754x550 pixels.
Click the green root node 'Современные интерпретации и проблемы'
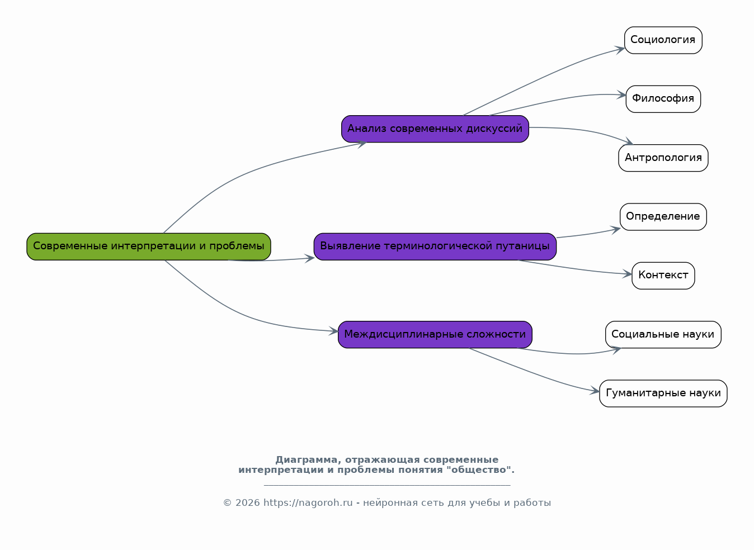pos(148,246)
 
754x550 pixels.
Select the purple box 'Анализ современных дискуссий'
pos(435,129)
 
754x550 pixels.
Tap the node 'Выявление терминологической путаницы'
pos(435,246)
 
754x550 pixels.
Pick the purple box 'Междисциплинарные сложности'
pos(435,334)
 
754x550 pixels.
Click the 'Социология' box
pos(663,40)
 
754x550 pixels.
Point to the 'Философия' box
pos(663,99)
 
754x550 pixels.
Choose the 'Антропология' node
pos(663,158)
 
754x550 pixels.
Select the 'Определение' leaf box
pos(663,217)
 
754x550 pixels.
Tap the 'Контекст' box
pos(663,276)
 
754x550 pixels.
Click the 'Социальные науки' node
pos(663,334)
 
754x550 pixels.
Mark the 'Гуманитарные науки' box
pos(663,393)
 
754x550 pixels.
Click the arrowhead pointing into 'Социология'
pos(620,50)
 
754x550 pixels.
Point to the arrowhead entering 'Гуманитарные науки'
pos(595,390)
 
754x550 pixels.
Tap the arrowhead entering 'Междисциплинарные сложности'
pos(333,331)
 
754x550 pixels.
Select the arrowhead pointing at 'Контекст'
pos(627,274)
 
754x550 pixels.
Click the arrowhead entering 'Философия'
pos(621,95)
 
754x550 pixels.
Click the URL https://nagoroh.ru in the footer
pos(308,502)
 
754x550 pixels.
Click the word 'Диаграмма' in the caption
pos(308,460)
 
